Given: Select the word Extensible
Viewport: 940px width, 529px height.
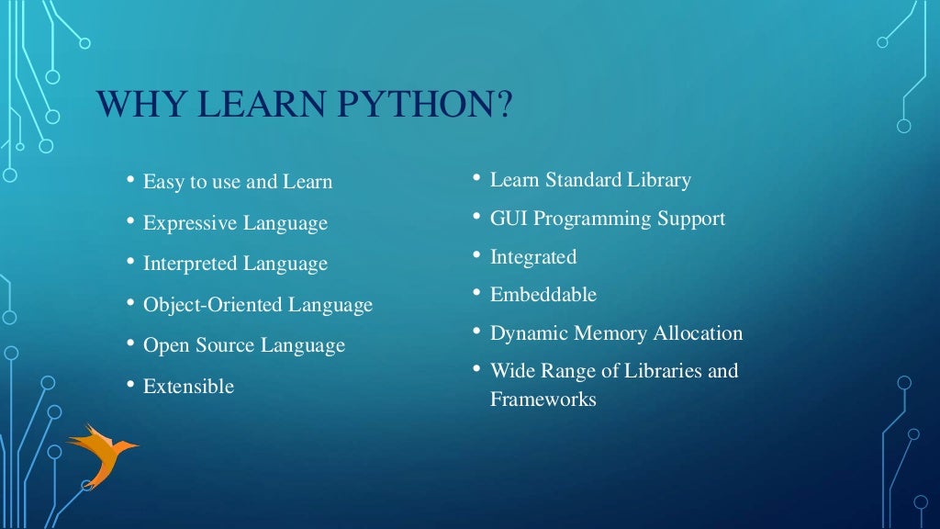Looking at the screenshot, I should [188, 387].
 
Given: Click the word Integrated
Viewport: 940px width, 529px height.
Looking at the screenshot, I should [533, 257].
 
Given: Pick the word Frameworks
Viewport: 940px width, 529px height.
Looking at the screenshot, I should [543, 400].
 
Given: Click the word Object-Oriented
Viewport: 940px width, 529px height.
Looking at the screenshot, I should [213, 305].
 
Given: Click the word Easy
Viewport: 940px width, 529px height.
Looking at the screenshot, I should [163, 182].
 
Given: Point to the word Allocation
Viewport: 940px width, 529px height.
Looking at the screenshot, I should [698, 333].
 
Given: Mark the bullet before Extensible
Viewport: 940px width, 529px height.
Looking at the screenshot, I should [130, 383].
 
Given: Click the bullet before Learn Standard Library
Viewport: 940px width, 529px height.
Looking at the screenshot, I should [477, 176].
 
